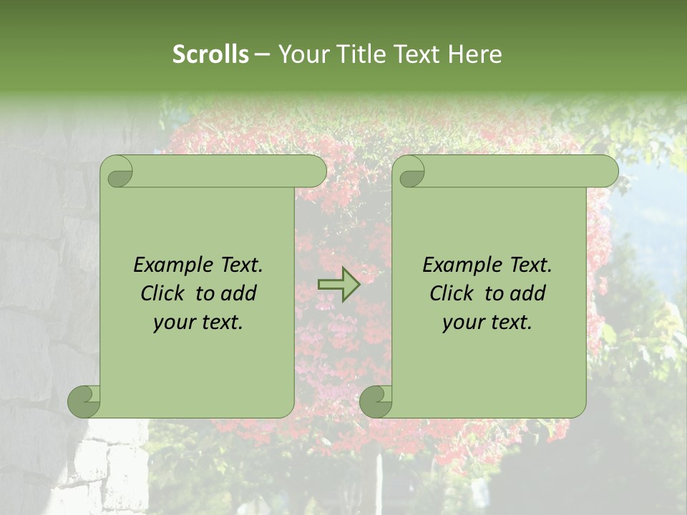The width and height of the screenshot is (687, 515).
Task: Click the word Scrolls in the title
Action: point(210,54)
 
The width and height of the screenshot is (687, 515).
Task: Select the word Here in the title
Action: point(474,54)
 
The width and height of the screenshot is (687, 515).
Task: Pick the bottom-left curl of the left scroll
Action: point(84,402)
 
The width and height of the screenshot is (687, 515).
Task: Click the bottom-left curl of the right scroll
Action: point(376,402)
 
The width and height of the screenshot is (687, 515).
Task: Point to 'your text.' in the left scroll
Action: point(198,323)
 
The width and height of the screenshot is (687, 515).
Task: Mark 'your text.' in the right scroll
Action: point(487,323)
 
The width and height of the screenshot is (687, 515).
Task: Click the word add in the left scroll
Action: point(240,293)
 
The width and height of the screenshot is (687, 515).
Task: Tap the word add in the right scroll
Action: point(529,293)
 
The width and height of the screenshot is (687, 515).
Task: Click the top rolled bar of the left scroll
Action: point(229,171)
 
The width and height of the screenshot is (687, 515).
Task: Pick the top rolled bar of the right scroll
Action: point(521,171)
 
